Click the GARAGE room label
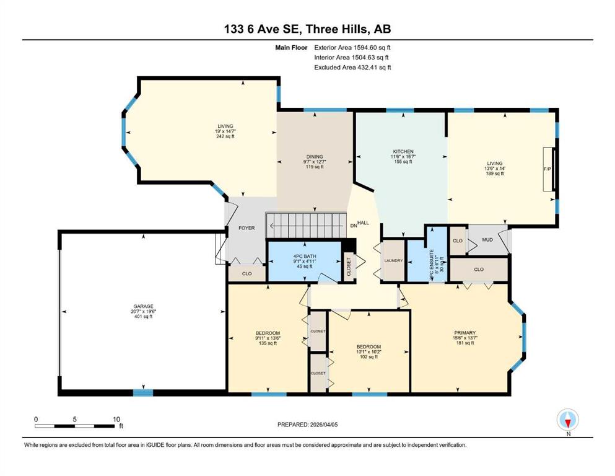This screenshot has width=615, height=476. (143, 306)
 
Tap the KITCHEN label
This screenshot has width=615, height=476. (403, 151)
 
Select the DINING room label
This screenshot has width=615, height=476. (315, 157)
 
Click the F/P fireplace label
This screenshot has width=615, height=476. (547, 169)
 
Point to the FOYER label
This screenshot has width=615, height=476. (246, 228)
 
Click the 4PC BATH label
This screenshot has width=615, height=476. (305, 256)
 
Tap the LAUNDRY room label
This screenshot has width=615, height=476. (393, 260)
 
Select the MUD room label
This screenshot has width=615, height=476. (487, 240)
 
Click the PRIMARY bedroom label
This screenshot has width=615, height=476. (465, 333)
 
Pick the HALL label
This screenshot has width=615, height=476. (363, 223)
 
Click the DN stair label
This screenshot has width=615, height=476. (354, 226)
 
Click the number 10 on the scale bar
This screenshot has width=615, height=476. (116, 419)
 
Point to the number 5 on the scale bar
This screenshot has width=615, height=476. (74, 419)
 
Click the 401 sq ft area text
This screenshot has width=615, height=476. (143, 316)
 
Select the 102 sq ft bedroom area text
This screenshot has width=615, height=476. (369, 357)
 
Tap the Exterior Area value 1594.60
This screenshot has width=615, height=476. (365, 48)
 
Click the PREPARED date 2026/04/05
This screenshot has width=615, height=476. (323, 425)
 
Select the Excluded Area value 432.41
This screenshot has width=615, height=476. (368, 67)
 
